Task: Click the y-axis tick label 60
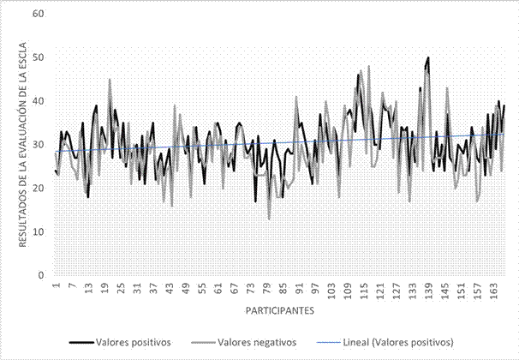[x=38, y=14]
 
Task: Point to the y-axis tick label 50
[x=38, y=57]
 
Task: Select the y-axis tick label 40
[x=38, y=101]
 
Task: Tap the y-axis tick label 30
[x=38, y=145]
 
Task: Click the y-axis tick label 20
[x=38, y=189]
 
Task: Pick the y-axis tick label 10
[x=38, y=232]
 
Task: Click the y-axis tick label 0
[x=40, y=276]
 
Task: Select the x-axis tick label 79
[x=267, y=290]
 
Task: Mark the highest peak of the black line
[x=427, y=57]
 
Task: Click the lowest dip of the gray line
[x=269, y=219]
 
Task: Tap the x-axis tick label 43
[x=170, y=290]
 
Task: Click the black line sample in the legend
[x=81, y=341]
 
